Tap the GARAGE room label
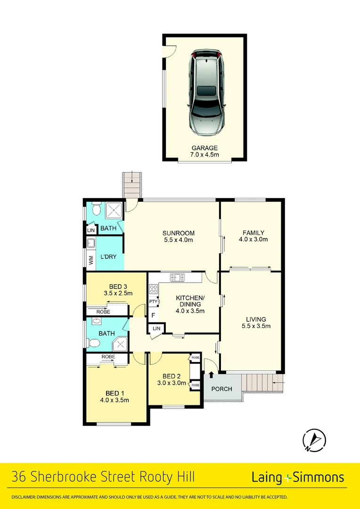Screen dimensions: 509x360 coord(205,148)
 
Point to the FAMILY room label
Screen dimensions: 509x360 coord(253,233)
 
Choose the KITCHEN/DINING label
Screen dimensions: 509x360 coord(190,301)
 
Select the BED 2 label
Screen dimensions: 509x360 coord(172,376)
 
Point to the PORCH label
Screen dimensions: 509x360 coord(221,389)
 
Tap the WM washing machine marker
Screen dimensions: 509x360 coord(90,259)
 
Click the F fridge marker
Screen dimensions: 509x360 coord(153,315)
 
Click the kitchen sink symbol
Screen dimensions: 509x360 coord(179,277)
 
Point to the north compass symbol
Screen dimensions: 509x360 coord(314,440)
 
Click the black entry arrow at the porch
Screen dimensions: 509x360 coord(211,374)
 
